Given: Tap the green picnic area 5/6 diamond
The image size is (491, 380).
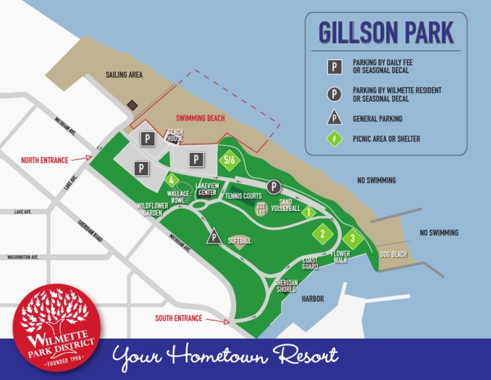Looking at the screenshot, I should pos(230,160).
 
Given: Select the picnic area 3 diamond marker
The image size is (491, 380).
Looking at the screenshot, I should pos(352,239).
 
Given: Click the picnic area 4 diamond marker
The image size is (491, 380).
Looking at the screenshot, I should pos(171,180).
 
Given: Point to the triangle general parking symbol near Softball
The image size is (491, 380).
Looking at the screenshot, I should pos(214,237).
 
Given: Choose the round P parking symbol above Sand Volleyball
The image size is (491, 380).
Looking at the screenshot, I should pos(274,187).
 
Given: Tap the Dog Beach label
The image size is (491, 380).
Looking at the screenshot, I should pos(393,255).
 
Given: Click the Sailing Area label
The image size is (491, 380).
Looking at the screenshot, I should pos(124,75).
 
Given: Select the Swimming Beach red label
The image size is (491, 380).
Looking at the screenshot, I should pos(200,119).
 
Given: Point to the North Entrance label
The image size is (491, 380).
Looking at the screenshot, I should pos(45,160).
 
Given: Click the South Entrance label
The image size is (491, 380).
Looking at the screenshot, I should pos(178,318).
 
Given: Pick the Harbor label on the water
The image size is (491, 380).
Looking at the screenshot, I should pos(313,299).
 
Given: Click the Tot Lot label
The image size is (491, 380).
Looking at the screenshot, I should pos(261,209).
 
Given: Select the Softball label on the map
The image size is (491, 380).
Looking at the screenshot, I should pos(240,241).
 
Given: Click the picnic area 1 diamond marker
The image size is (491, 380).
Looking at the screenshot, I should pos(309,212).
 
